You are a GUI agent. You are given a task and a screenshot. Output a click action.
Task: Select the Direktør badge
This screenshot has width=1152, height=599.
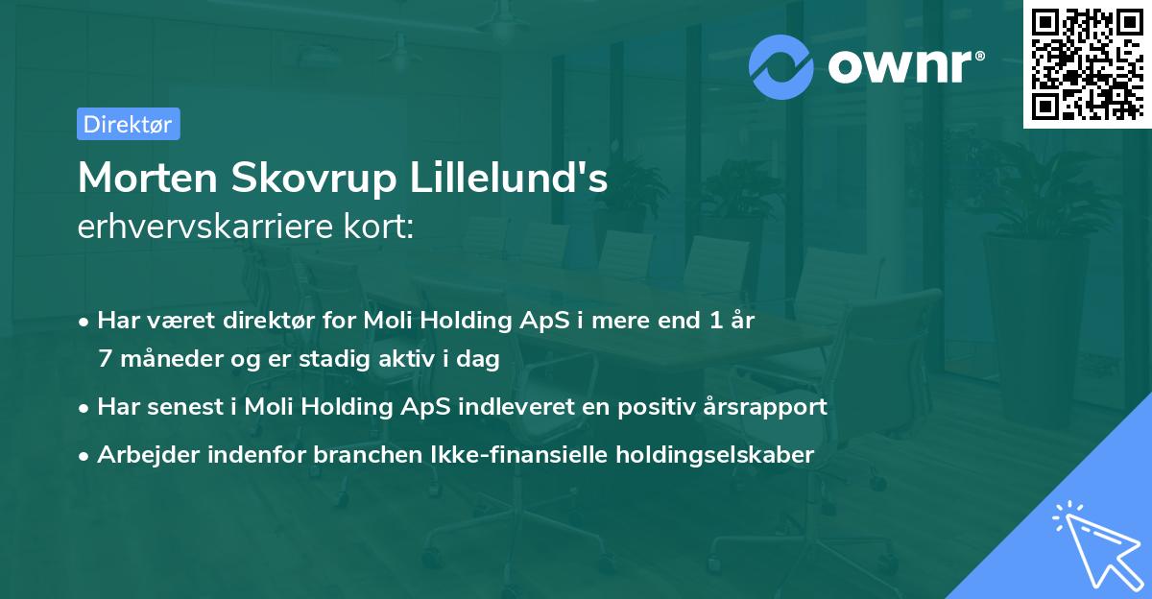(x=128, y=124)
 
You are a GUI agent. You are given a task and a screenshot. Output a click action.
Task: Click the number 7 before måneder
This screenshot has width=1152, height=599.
(x=105, y=359)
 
